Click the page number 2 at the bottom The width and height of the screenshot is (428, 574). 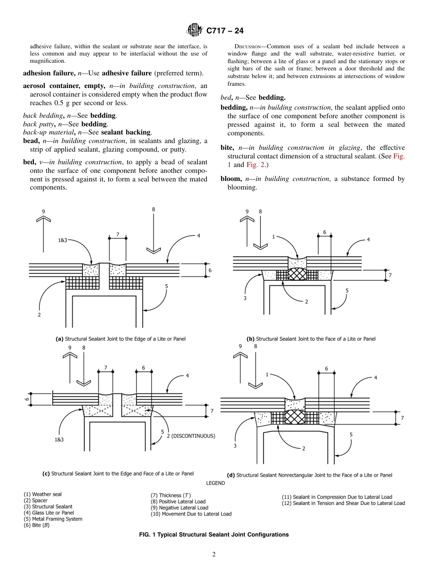tap(214, 555)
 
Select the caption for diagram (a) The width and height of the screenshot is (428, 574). tap(120, 338)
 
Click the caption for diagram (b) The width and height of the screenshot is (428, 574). tap(311, 338)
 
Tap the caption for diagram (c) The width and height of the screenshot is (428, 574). tap(118, 474)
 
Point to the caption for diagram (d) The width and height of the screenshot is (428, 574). tap(309, 475)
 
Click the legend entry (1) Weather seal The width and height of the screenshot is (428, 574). tap(43, 495)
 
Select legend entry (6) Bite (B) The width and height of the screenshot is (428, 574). tap(39, 525)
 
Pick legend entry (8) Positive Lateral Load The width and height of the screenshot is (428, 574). tap(178, 501)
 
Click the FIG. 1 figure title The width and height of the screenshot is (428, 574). tap(214, 535)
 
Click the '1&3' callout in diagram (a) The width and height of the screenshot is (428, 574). tap(62, 241)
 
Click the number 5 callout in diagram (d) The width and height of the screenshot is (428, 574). tap(351, 435)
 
